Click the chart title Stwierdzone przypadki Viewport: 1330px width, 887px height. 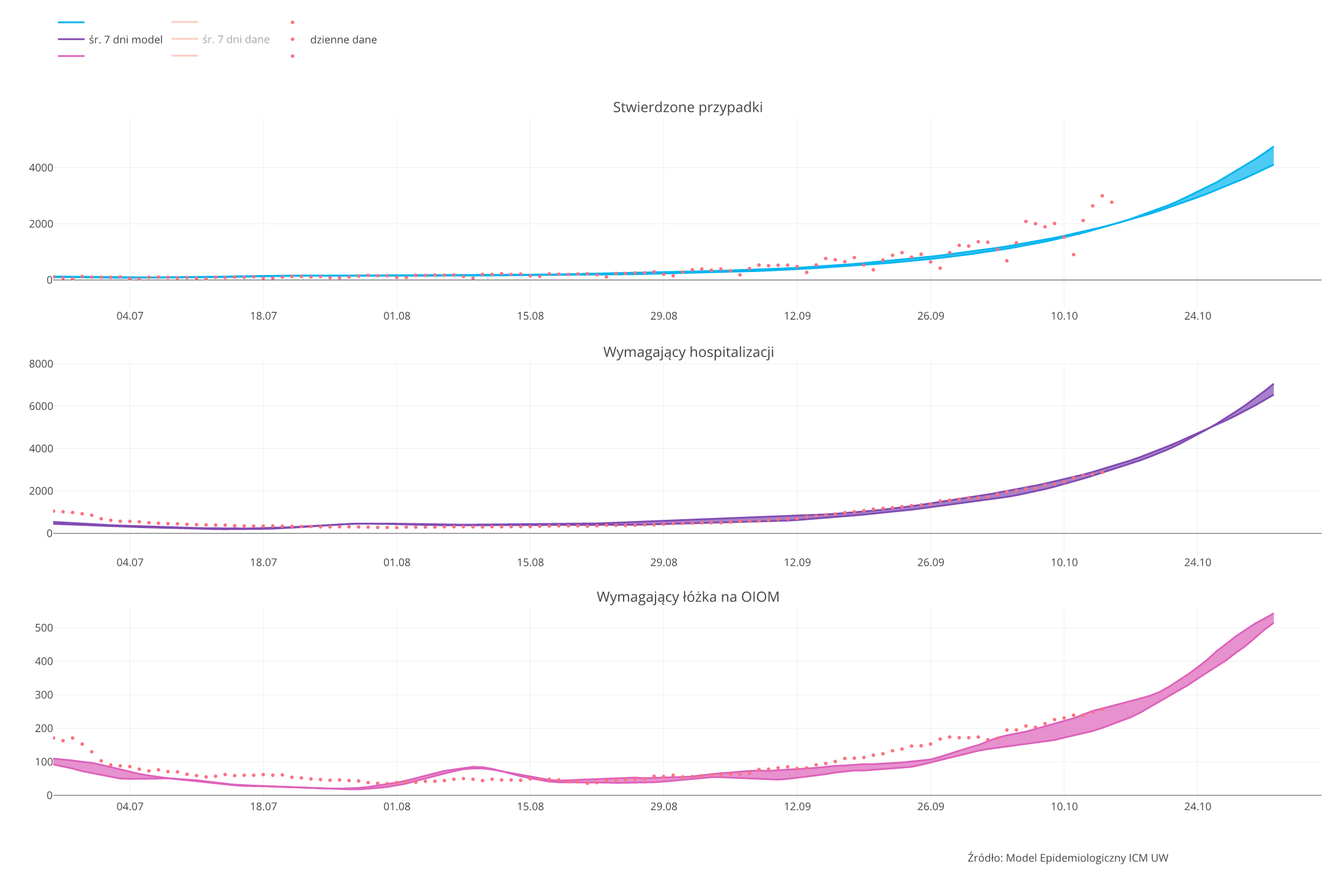pyautogui.click(x=687, y=107)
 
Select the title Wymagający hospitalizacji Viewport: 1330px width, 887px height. pyautogui.click(x=688, y=352)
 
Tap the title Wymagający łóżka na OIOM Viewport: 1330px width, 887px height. pyautogui.click(x=687, y=597)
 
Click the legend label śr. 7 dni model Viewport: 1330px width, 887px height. pyautogui.click(x=125, y=40)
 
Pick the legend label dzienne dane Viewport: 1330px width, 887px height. pyautogui.click(x=343, y=40)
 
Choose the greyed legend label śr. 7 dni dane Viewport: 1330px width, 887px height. pyautogui.click(x=236, y=40)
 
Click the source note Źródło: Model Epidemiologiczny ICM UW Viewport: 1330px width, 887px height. pyautogui.click(x=1068, y=858)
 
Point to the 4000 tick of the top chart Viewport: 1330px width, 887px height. pyautogui.click(x=41, y=168)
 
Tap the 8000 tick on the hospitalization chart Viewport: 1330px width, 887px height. pyautogui.click(x=41, y=364)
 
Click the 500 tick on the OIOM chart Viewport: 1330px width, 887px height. pyautogui.click(x=44, y=628)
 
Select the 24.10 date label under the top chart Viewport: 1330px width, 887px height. pyautogui.click(x=1198, y=316)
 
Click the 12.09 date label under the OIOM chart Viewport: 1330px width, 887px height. pyautogui.click(x=797, y=807)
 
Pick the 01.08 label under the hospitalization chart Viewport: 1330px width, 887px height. pyautogui.click(x=397, y=562)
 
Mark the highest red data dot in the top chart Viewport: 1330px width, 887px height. pyautogui.click(x=1102, y=196)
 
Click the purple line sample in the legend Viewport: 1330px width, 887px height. pyautogui.click(x=71, y=40)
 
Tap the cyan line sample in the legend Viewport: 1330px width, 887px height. pyautogui.click(x=71, y=22)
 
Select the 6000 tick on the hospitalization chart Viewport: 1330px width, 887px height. pyautogui.click(x=41, y=406)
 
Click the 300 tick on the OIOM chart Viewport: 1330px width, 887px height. pyautogui.click(x=44, y=695)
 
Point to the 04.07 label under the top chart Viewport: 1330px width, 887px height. pyautogui.click(x=129, y=316)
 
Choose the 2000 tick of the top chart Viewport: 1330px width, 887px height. pyautogui.click(x=41, y=224)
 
